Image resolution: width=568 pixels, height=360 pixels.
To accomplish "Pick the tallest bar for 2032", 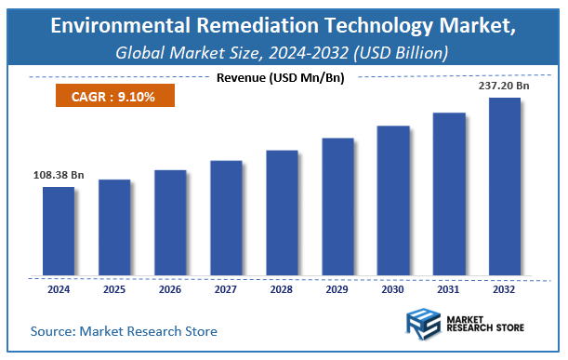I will [x=505, y=186].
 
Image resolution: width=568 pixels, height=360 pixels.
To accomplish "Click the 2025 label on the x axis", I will [x=114, y=289].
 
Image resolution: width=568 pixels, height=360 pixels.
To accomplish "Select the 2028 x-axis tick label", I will [x=282, y=289].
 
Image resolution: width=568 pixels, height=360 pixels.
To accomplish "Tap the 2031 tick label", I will [x=449, y=289].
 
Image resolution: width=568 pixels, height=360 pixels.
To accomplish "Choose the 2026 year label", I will [x=170, y=289].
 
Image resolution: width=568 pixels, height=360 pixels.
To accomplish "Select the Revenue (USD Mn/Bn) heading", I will [x=283, y=77].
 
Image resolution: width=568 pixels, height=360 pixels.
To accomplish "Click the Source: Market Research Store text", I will [x=124, y=330].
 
